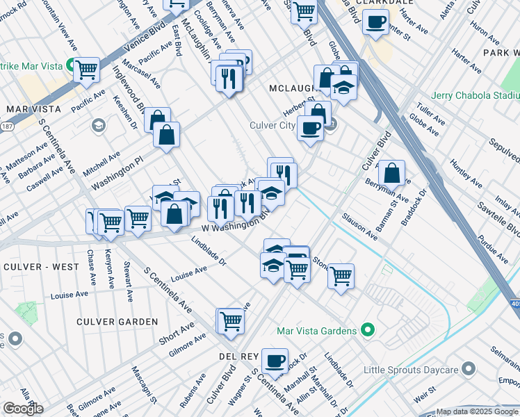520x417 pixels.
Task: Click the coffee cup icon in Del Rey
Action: [x=275, y=360]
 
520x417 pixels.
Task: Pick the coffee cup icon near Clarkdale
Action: [x=375, y=22]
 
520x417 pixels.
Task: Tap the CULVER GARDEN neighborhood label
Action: [x=117, y=322]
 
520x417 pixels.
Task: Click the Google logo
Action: [x=23, y=408]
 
